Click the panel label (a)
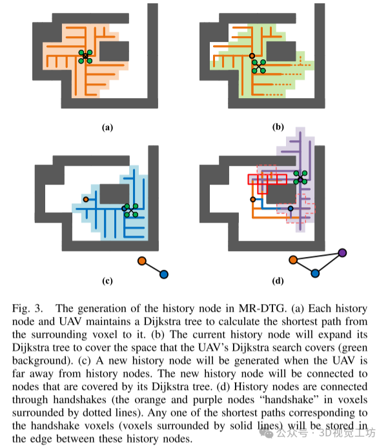[108, 127]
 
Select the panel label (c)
[108, 280]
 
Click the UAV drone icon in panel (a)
[85, 57]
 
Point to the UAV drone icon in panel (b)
[258, 66]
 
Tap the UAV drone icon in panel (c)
[130, 209]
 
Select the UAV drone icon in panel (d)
[300, 178]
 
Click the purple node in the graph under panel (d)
[342, 252]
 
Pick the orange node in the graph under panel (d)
[293, 260]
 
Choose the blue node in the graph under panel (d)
[314, 273]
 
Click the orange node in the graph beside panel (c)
[141, 261]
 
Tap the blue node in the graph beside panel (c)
[163, 274]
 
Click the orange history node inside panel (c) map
[86, 199]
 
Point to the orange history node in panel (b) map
[252, 56]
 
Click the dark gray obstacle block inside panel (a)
[114, 50]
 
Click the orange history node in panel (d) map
[252, 199]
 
